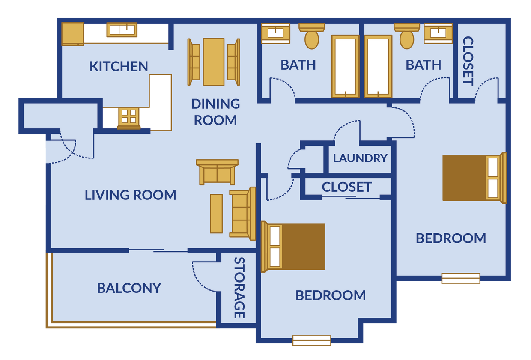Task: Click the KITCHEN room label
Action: pyautogui.click(x=119, y=66)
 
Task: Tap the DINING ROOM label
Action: pyautogui.click(x=215, y=112)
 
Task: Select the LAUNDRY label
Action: pyautogui.click(x=360, y=158)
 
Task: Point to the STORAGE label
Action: pyautogui.click(x=239, y=288)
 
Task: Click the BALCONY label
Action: pyautogui.click(x=129, y=288)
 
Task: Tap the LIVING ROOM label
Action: pyautogui.click(x=130, y=195)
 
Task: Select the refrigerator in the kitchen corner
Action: pyautogui.click(x=72, y=34)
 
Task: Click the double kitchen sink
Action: pyautogui.click(x=122, y=30)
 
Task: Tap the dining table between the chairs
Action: pyautogui.click(x=214, y=62)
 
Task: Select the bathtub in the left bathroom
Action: pyautogui.click(x=346, y=66)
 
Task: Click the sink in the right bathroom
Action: pyautogui.click(x=438, y=33)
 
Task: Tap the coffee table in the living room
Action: pyautogui.click(x=216, y=214)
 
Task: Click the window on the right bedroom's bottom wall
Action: pyautogui.click(x=461, y=278)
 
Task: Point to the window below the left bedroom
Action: pyautogui.click(x=312, y=341)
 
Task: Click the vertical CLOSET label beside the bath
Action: pyautogui.click(x=468, y=61)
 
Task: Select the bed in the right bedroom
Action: pyautogui.click(x=474, y=178)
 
